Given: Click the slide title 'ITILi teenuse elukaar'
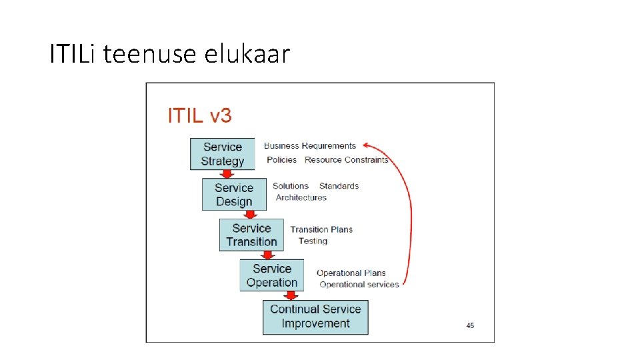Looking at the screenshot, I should tap(170, 54).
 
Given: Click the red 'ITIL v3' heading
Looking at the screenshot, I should tap(199, 116).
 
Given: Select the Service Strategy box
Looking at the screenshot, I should tap(223, 154).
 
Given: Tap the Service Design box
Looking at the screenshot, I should tap(234, 195).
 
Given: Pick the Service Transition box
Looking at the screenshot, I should tap(251, 235).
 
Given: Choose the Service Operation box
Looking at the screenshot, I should tap(272, 275).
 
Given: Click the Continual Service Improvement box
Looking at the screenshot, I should tap(315, 317).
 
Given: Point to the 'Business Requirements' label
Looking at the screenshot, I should tap(310, 146).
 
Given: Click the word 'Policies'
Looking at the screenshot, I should tap(282, 160).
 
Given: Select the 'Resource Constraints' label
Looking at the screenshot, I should tap(346, 160).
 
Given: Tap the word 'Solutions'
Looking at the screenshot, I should tap(291, 186).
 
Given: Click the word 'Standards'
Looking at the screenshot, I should tap(339, 186).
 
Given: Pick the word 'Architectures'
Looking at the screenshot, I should tap(301, 198).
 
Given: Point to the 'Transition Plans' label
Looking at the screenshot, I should tap(321, 229).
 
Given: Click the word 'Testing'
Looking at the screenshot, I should tap(313, 241).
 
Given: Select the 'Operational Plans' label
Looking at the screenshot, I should tap(351, 273).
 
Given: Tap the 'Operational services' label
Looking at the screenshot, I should tap(359, 285).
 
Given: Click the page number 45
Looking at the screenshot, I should tap(470, 325).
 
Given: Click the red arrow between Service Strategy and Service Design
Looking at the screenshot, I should tap(227, 175).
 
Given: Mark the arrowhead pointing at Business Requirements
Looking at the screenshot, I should tap(368, 145).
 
